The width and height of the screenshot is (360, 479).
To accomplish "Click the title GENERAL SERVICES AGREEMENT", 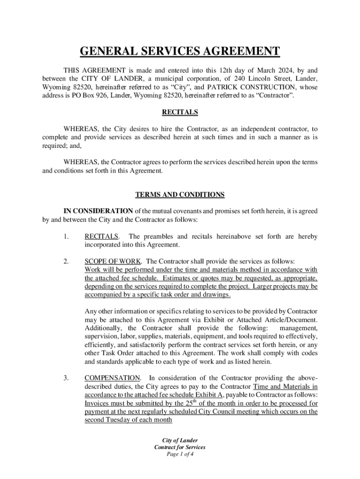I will tap(180, 51).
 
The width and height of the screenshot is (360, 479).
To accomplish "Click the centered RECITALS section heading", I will tap(180, 112).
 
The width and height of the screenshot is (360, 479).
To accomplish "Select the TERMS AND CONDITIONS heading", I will tap(180, 194).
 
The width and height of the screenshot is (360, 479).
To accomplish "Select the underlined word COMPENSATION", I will tap(112, 377).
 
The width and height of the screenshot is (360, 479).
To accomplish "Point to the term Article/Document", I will tap(290, 319).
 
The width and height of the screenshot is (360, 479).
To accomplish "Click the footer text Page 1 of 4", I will tap(180, 454).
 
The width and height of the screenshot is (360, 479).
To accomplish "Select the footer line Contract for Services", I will tap(180, 447).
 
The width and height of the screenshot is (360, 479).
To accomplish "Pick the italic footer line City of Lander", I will tap(180, 440).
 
